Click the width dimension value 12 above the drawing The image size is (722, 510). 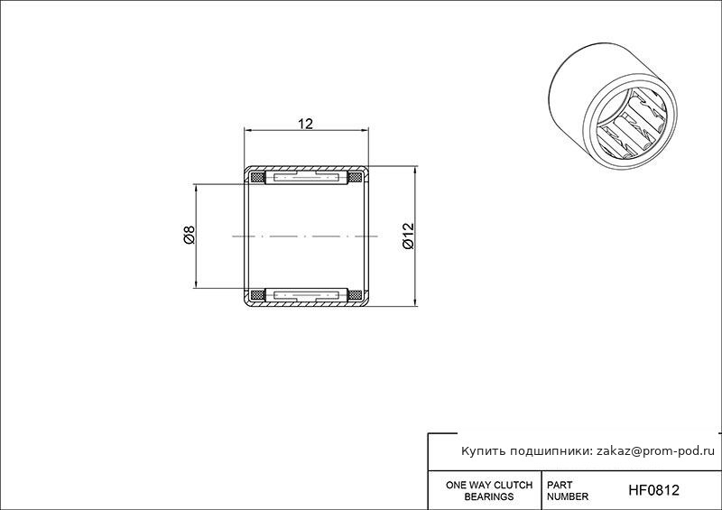point(305,124)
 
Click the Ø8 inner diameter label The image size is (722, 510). point(190,235)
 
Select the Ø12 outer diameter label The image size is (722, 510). point(409,236)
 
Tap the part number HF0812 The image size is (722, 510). point(653,490)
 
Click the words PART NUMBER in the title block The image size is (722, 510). point(568,491)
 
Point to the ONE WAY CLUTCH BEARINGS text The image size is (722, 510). point(489,491)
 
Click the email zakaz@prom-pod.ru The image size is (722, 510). point(656,451)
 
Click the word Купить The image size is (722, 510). point(480,451)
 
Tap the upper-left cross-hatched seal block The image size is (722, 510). point(257,177)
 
